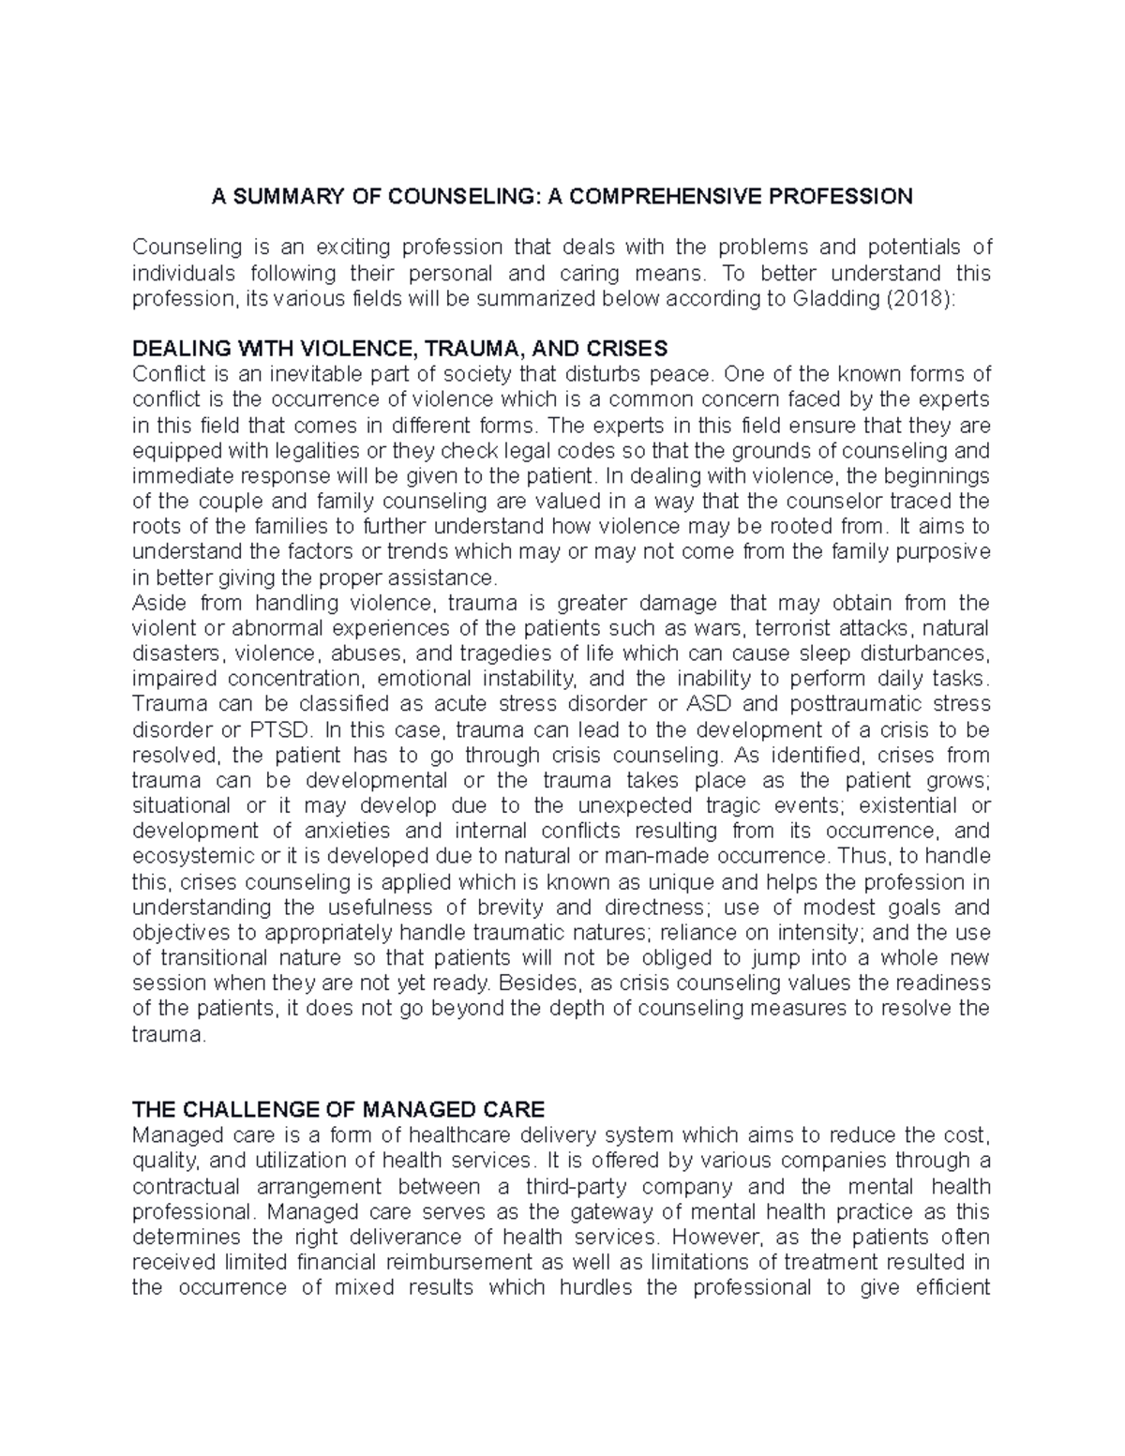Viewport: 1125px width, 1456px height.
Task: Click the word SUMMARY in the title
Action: click(277, 196)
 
